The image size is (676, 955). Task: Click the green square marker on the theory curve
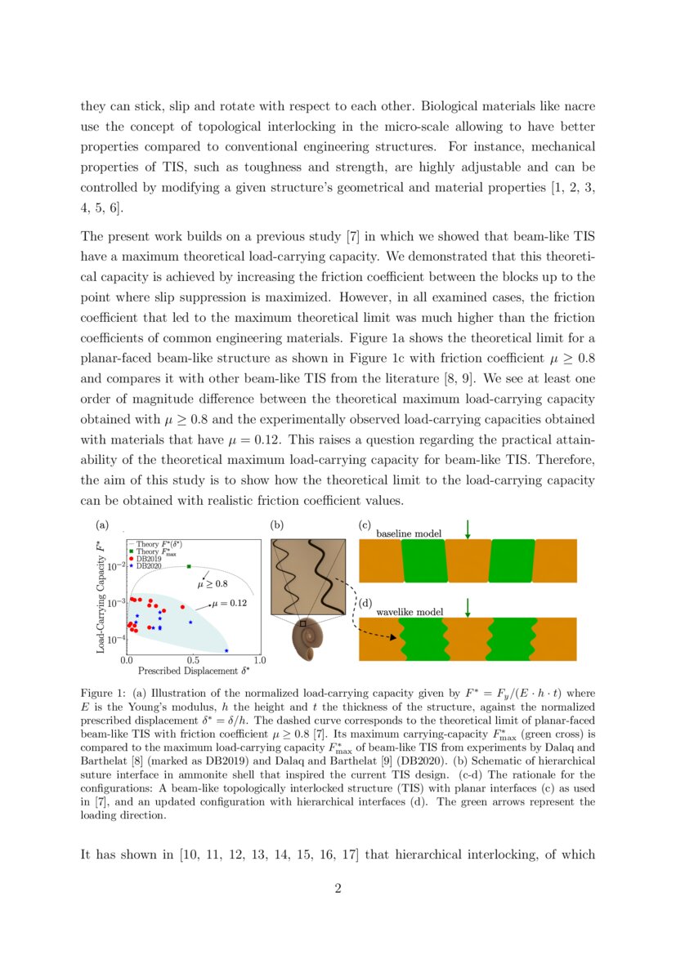coord(190,566)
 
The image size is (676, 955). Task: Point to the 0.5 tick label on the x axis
coord(194,659)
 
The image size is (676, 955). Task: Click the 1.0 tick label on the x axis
coord(259,659)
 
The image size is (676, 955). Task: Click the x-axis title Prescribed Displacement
coord(193,672)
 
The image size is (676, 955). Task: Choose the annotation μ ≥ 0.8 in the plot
coord(213,585)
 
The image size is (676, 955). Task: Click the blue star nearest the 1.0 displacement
coord(226,650)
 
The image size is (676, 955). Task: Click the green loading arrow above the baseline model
coord(468,529)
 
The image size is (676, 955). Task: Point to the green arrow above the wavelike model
coord(468,608)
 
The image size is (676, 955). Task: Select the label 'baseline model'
coord(409,533)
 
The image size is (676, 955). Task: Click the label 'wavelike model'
coord(410,612)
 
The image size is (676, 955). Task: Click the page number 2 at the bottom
coord(338,889)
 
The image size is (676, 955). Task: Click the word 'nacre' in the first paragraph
coord(578,106)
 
